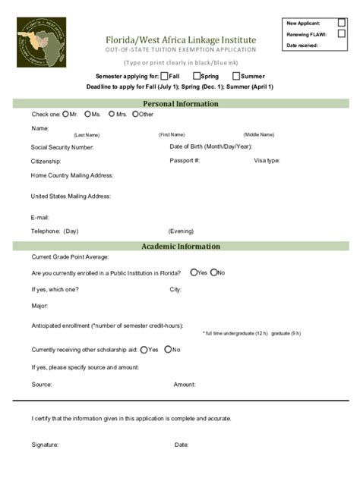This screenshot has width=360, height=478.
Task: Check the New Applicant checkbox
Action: [x=341, y=24]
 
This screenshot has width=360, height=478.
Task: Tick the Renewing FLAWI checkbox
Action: [x=341, y=34]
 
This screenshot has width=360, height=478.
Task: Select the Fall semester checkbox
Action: [x=164, y=76]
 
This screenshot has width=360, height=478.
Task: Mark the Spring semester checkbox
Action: [x=197, y=76]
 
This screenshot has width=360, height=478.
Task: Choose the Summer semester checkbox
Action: [x=237, y=76]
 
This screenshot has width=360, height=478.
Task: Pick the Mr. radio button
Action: [x=65, y=114]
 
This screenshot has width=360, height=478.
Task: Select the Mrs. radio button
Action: [x=112, y=114]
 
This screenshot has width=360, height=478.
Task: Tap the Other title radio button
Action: [x=135, y=114]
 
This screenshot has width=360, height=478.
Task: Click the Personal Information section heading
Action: [x=181, y=103]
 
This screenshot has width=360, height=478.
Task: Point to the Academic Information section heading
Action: [x=181, y=246]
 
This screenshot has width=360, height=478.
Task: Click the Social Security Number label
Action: [x=62, y=147]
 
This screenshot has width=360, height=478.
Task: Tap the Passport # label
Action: [x=185, y=161]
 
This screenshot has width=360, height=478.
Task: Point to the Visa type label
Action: [x=267, y=161]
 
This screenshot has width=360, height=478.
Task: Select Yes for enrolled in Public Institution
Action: [x=194, y=272]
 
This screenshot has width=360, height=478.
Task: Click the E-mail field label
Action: [x=40, y=216]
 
